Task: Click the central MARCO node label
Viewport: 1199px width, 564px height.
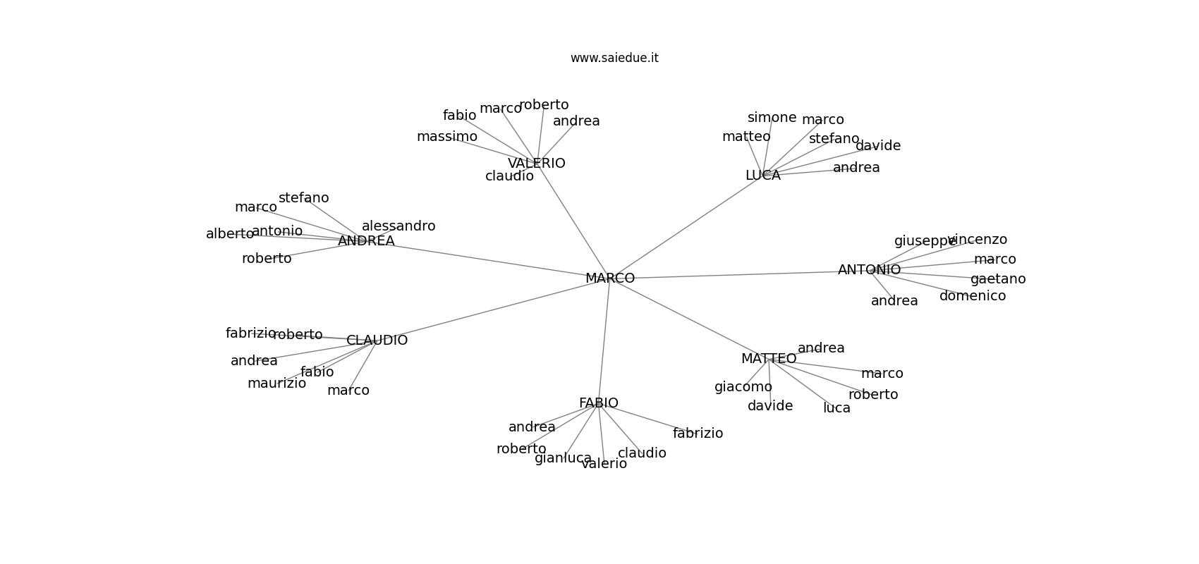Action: (x=610, y=278)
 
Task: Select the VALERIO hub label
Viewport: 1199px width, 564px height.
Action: (x=536, y=164)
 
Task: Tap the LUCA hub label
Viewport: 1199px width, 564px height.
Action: (x=762, y=176)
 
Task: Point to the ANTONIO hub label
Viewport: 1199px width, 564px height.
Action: (x=869, y=270)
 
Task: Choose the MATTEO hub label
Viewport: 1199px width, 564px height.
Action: (x=768, y=359)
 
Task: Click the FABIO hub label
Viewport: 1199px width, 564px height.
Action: (x=598, y=403)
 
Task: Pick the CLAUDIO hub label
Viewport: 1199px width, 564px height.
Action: (x=377, y=341)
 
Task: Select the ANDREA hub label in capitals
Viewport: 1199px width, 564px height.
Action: (x=366, y=241)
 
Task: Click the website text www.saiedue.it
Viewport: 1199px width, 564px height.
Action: (x=614, y=58)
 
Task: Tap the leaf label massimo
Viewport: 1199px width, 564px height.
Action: (x=446, y=137)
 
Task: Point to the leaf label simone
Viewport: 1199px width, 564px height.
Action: (x=772, y=118)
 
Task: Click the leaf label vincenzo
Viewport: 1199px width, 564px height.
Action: (x=978, y=240)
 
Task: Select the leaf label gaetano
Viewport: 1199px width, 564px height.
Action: (x=997, y=279)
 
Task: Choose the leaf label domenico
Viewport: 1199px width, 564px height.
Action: (x=972, y=296)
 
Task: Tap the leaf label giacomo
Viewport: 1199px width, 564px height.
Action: (x=743, y=387)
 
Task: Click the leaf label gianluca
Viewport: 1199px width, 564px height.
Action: (x=563, y=458)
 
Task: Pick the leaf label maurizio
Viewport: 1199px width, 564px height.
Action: (x=276, y=384)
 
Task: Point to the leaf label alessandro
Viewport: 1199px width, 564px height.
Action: (x=398, y=226)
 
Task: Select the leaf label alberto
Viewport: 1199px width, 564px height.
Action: (x=229, y=234)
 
